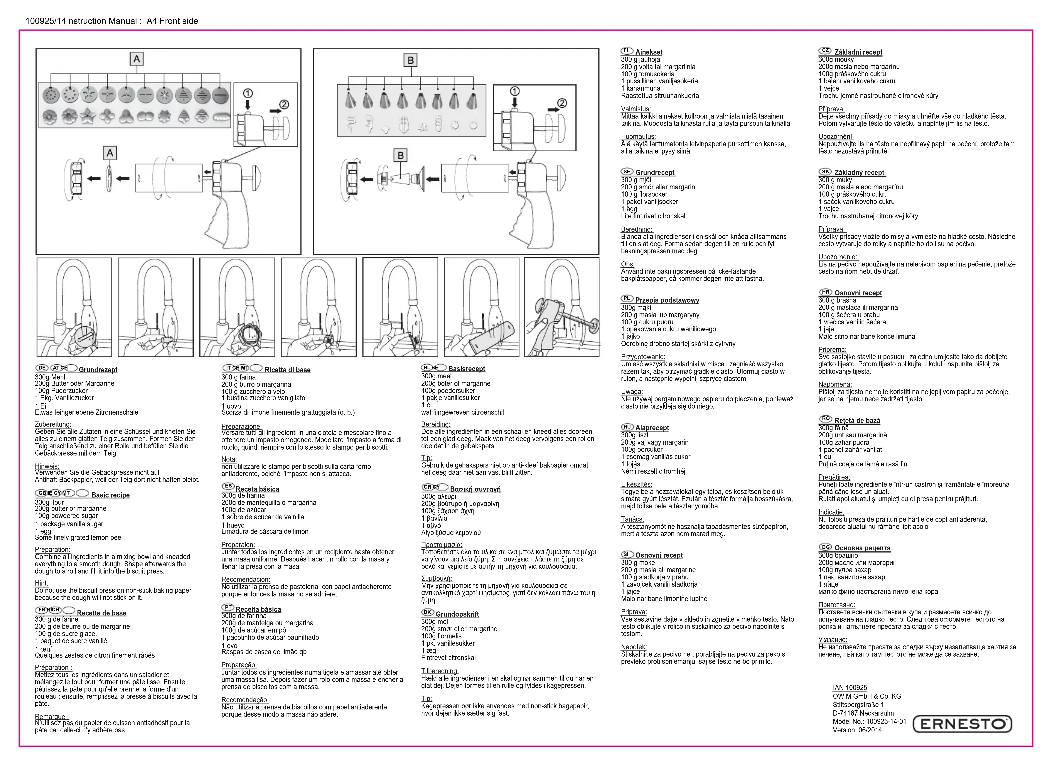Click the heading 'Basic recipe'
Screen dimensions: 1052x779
click(110, 495)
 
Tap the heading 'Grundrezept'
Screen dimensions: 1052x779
click(98, 370)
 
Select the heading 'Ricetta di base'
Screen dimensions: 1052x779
click(287, 370)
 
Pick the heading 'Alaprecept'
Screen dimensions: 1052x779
click(652, 428)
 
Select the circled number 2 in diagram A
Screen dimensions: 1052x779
click(284, 104)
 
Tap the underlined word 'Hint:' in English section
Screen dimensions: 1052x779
click(41, 583)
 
